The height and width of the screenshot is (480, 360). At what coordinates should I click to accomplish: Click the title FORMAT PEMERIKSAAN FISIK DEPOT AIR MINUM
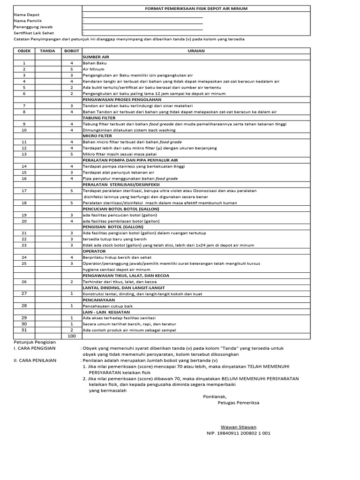point(195,8)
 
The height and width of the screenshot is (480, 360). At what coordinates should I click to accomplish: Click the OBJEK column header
point(24,51)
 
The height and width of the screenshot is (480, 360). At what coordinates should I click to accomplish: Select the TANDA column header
point(48,51)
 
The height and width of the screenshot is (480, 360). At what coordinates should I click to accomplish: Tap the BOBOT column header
point(72,51)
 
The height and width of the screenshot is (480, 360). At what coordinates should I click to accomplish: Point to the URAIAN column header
point(195,51)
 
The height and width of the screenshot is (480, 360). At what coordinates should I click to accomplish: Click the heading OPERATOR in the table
point(94,251)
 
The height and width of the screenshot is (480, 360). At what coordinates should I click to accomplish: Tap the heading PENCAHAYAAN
point(98,300)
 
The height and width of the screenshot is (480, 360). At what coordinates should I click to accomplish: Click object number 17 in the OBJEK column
point(24,191)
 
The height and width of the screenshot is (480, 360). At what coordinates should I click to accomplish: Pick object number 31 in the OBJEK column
point(24,330)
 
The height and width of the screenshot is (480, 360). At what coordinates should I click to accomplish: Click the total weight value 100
point(72,336)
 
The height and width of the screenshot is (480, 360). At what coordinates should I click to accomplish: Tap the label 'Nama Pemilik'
point(27,21)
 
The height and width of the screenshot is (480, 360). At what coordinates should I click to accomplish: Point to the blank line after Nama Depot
point(143,15)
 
